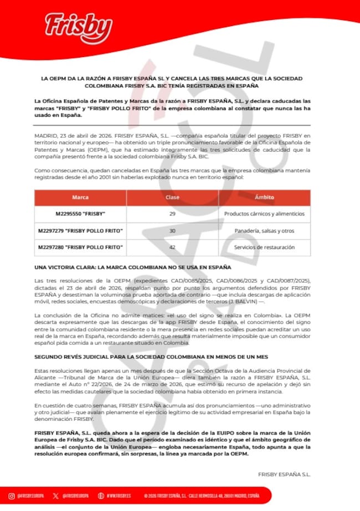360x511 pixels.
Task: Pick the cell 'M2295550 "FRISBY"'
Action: pyautogui.click(x=80, y=214)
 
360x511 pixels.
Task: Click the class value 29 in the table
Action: pyautogui.click(x=172, y=214)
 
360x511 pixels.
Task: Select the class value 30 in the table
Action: pyautogui.click(x=172, y=230)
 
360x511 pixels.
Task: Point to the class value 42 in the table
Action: pyautogui.click(x=172, y=247)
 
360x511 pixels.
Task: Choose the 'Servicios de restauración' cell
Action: pyautogui.click(x=264, y=247)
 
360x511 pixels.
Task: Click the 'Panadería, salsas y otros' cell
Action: pyautogui.click(x=264, y=230)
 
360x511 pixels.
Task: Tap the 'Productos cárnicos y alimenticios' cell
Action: pyautogui.click(x=264, y=214)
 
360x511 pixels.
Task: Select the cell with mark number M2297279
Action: pyautogui.click(x=80, y=230)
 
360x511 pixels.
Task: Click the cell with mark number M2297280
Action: pyautogui.click(x=80, y=247)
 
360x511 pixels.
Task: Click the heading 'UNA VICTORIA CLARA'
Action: pyautogui.click(x=128, y=267)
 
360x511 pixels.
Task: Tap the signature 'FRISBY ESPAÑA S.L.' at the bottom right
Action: pyautogui.click(x=284, y=474)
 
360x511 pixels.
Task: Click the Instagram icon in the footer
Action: pyautogui.click(x=12, y=495)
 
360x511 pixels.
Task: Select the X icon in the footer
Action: pyautogui.click(x=55, y=495)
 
